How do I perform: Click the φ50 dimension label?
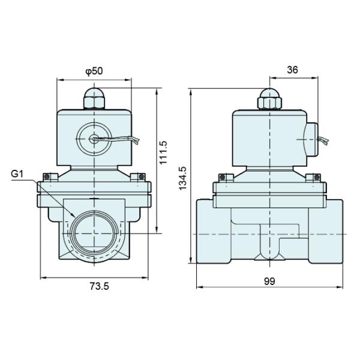click(94, 71)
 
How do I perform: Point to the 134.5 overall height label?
click(184, 178)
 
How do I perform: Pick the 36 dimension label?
click(292, 70)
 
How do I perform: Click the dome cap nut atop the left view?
click(94, 97)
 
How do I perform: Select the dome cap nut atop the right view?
click(269, 98)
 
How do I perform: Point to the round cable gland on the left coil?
click(95, 139)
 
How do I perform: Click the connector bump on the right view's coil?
click(310, 139)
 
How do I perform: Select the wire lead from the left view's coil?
click(123, 140)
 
